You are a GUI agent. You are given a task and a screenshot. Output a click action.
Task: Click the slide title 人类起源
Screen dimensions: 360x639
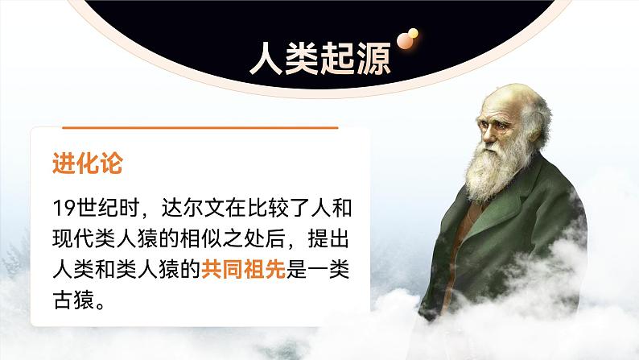tap(319, 58)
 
